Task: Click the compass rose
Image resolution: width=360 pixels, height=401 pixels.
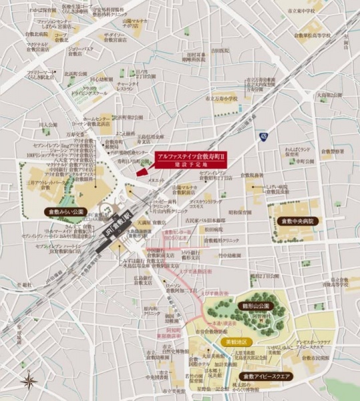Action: (x=29, y=380)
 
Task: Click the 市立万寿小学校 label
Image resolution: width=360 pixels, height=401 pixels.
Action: (x=222, y=98)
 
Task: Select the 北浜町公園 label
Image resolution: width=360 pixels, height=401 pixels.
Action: (x=76, y=74)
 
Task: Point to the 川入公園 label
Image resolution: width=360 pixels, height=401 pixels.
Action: (x=47, y=125)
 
